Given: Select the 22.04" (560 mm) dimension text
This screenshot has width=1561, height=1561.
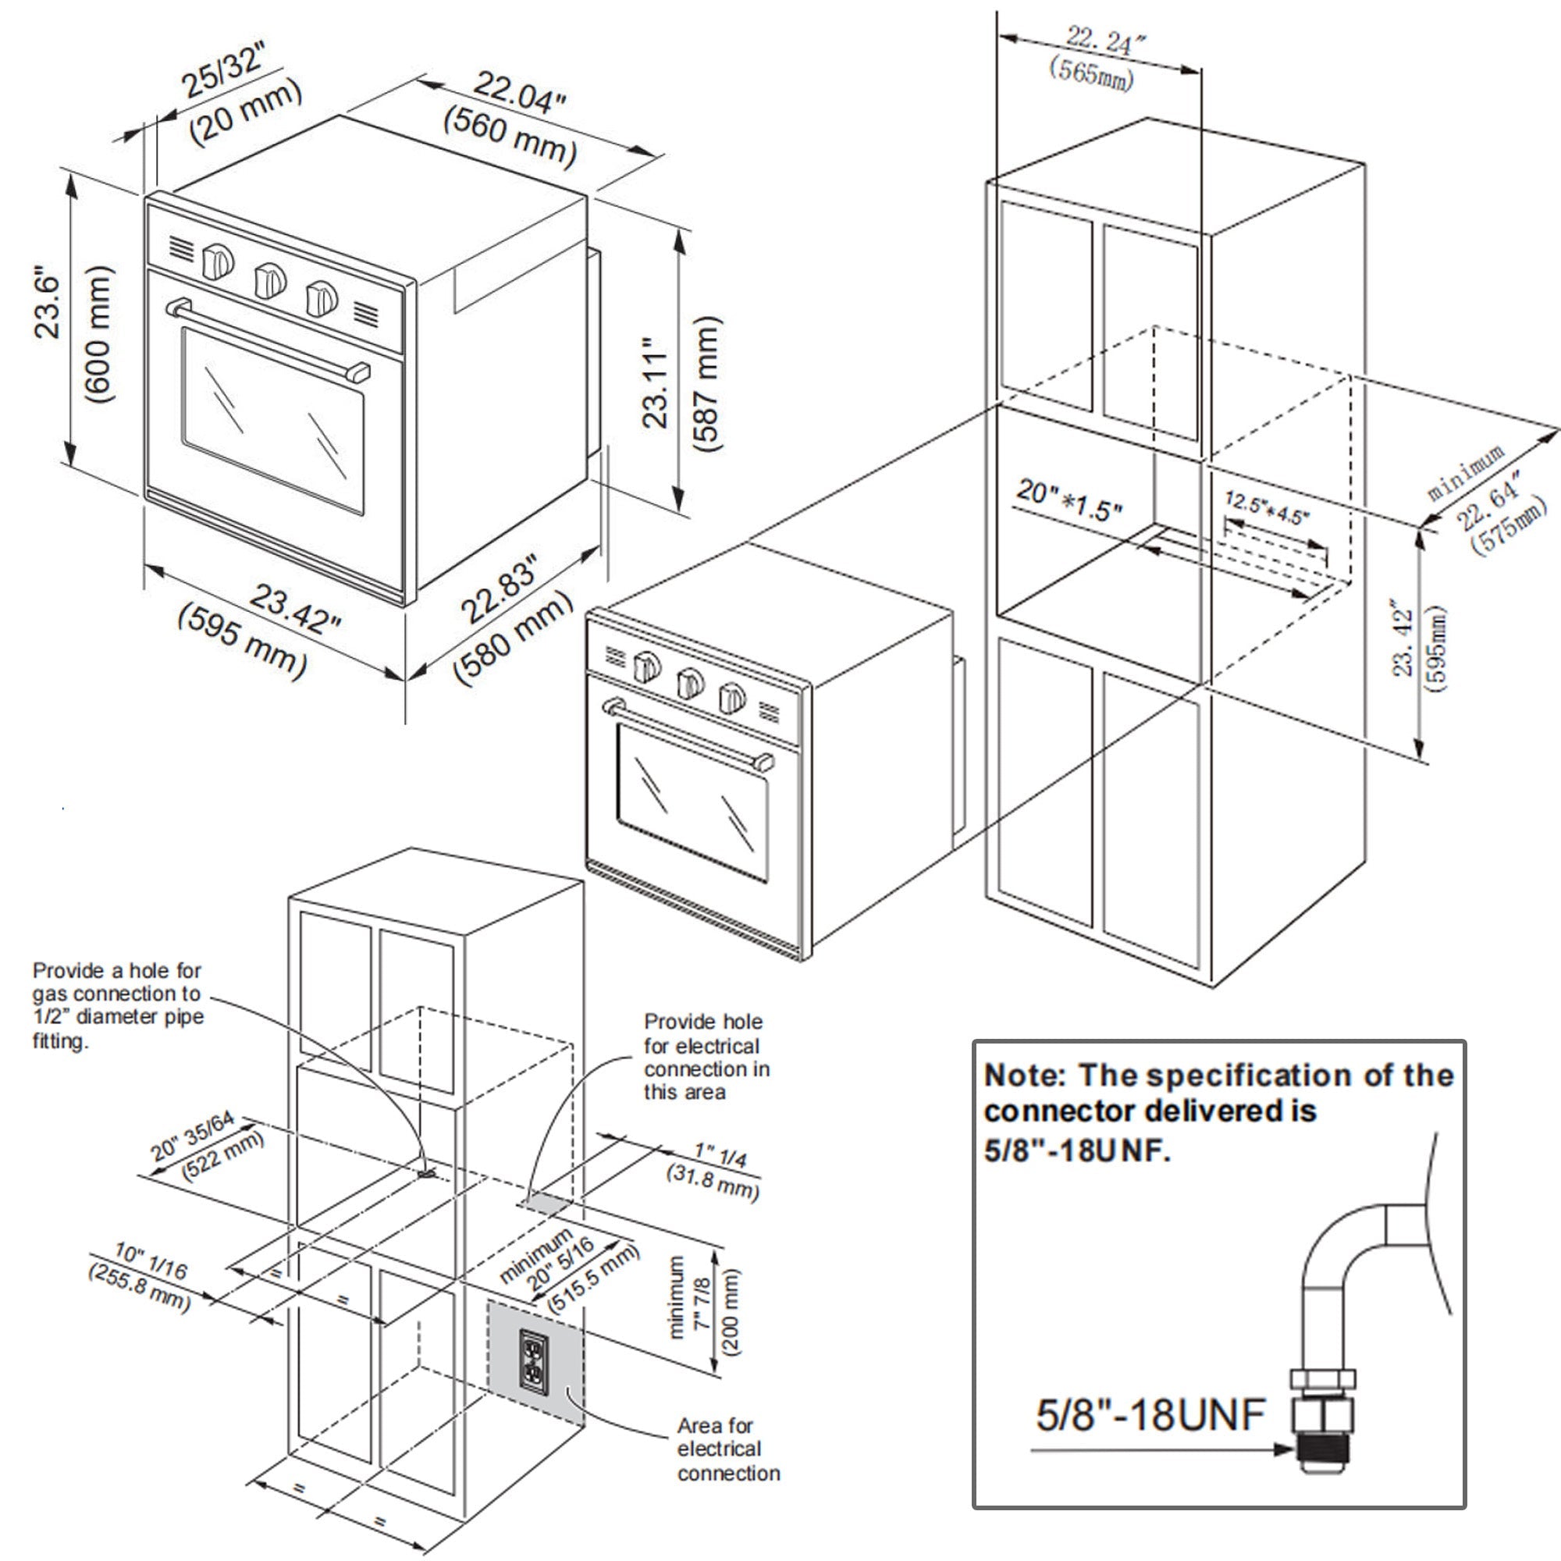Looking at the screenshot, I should (x=513, y=118).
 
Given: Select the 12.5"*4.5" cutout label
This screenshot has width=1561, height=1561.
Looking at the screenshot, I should (x=1267, y=507).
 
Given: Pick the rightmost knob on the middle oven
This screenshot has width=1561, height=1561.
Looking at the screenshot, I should (x=731, y=697).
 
